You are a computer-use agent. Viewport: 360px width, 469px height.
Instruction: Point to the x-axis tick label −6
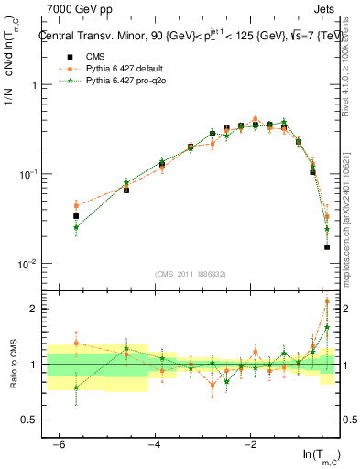pyautogui.click(x=59, y=444)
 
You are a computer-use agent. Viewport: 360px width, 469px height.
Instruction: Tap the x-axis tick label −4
pyautogui.click(x=154, y=444)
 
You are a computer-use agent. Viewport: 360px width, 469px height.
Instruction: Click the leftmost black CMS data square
pyautogui.click(x=76, y=216)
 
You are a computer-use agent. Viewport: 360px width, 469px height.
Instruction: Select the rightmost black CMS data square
pyautogui.click(x=327, y=246)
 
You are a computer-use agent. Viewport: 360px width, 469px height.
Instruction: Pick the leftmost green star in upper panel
pyautogui.click(x=76, y=226)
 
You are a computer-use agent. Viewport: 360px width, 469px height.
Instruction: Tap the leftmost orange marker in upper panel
pyautogui.click(x=76, y=205)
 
